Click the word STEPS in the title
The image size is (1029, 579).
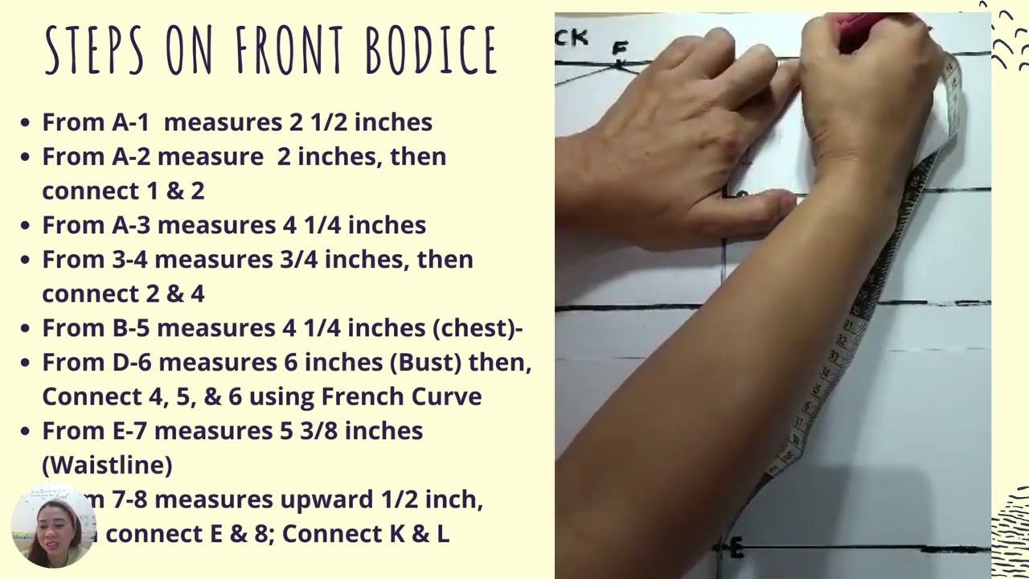click(x=94, y=50)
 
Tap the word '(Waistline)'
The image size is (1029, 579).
click(x=107, y=465)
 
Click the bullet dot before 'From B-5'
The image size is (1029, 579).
click(x=26, y=329)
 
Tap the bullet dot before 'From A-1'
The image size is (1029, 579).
click(x=26, y=123)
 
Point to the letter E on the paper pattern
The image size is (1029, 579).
click(x=736, y=548)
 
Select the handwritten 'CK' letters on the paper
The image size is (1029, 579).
click(x=572, y=37)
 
